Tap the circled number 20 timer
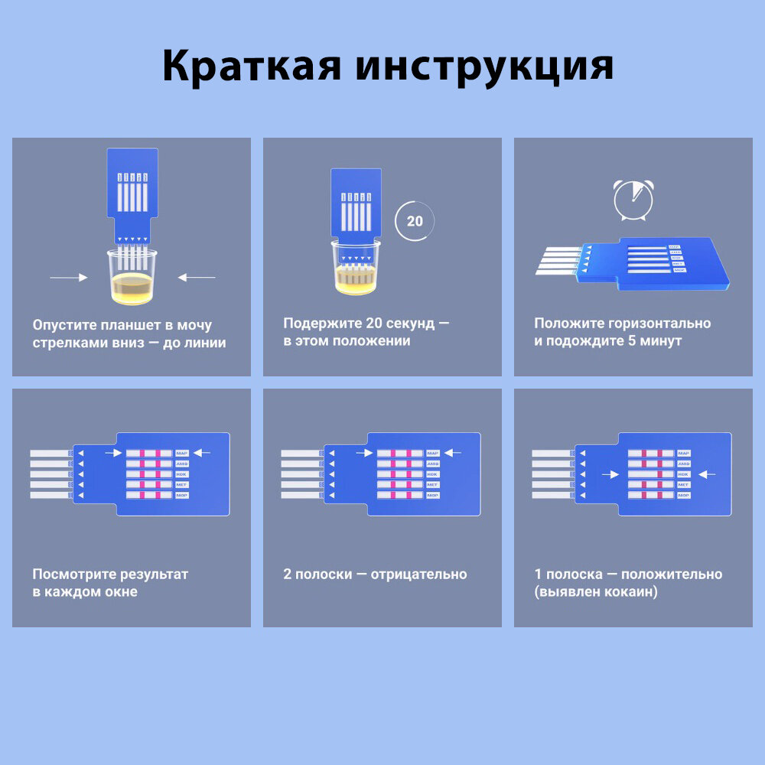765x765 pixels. click(x=414, y=222)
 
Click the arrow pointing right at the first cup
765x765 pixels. click(x=68, y=278)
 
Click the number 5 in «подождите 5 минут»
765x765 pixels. click(x=632, y=341)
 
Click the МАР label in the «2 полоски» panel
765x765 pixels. click(x=432, y=454)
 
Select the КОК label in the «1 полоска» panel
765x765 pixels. click(x=683, y=474)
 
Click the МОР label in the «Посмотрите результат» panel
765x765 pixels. click(x=182, y=495)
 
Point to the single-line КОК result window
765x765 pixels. click(x=650, y=474)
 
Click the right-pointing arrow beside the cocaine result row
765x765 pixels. click(x=610, y=474)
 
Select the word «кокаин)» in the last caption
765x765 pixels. click(x=632, y=592)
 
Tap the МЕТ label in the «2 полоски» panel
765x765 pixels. click(x=432, y=485)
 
